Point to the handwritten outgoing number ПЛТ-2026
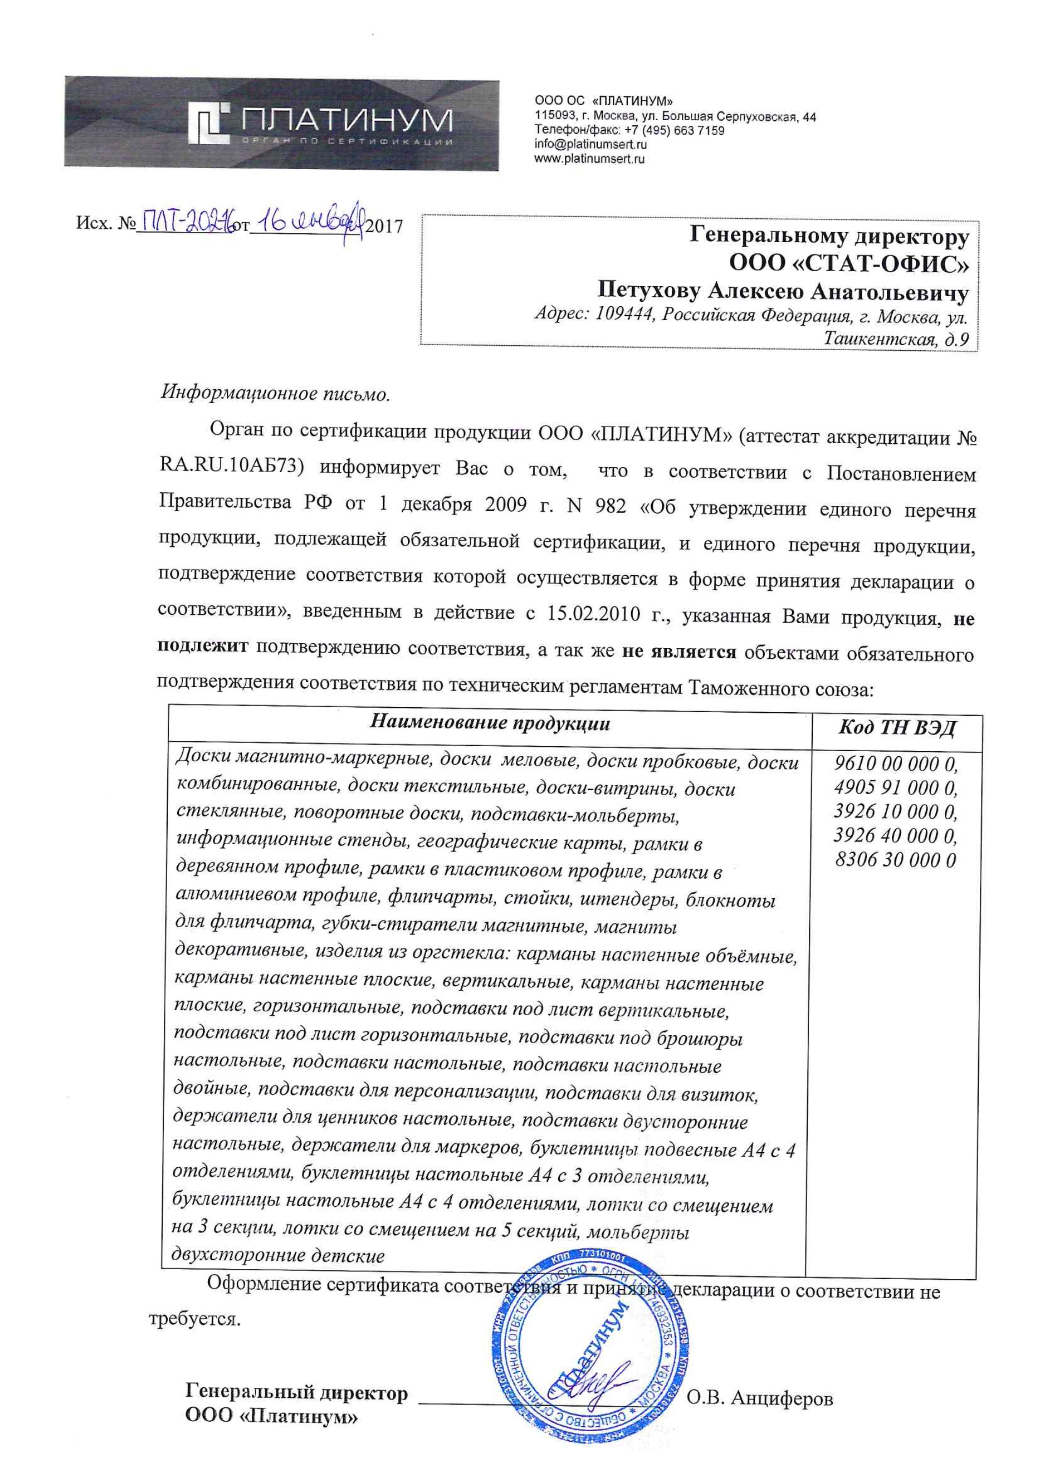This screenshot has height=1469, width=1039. tap(185, 223)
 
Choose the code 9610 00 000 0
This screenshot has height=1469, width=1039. tap(896, 764)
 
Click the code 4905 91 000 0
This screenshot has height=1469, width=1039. tap(896, 788)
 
